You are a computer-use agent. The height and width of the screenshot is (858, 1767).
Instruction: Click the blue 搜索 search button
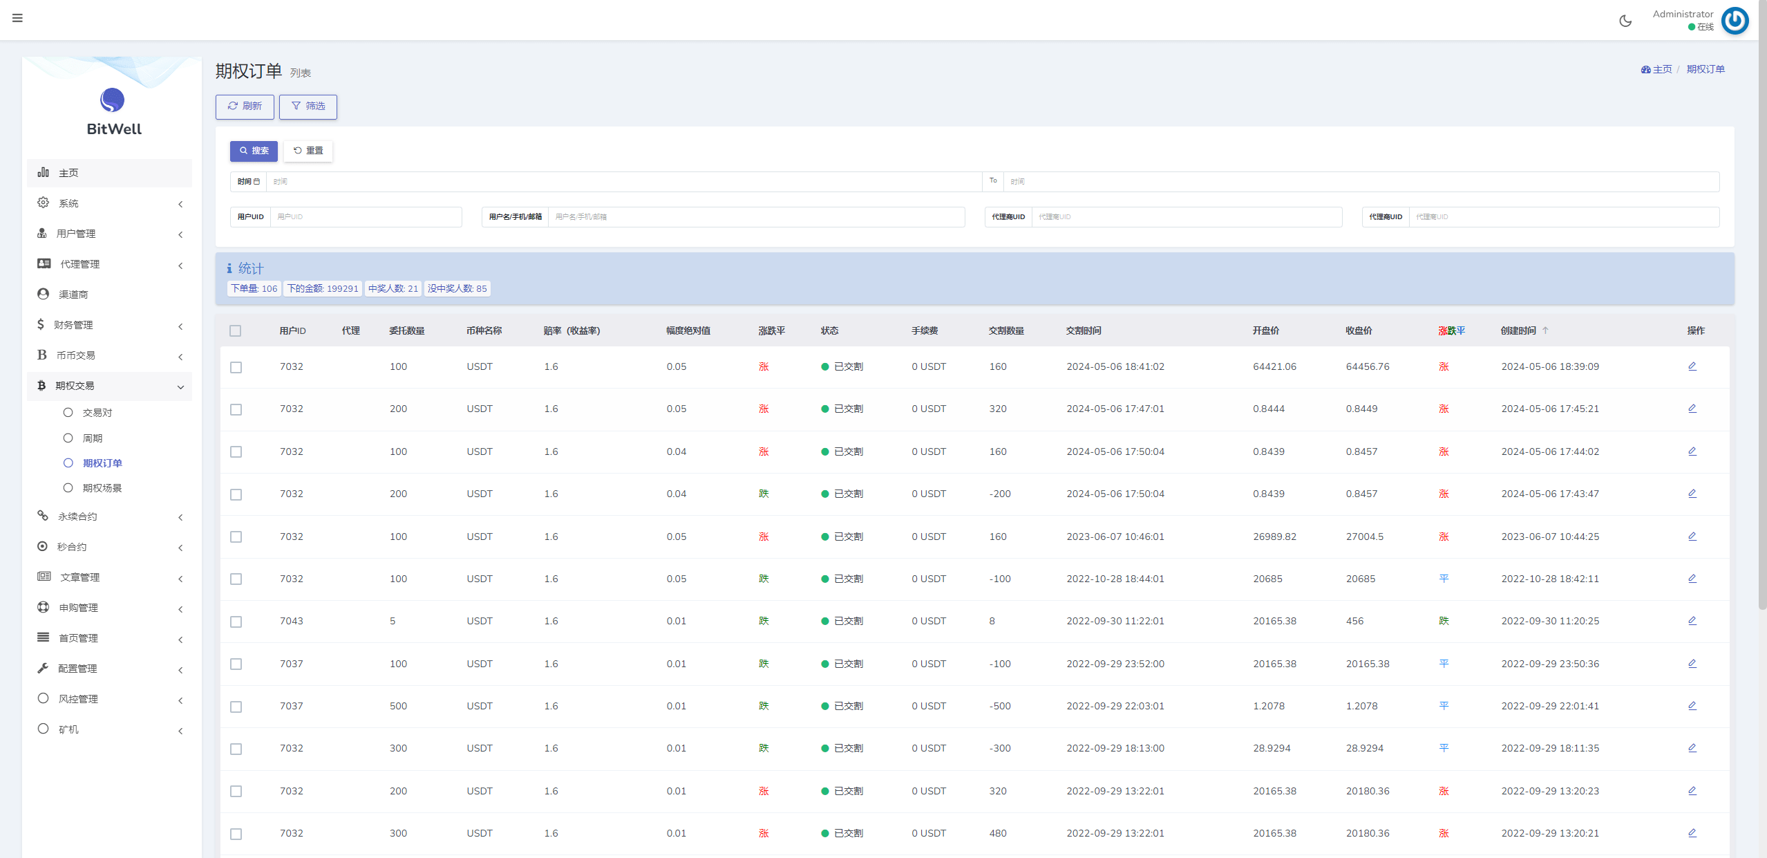pyautogui.click(x=254, y=151)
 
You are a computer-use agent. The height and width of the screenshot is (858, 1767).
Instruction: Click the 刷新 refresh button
pyautogui.click(x=245, y=106)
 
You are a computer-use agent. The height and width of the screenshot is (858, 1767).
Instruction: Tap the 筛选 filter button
pyautogui.click(x=308, y=106)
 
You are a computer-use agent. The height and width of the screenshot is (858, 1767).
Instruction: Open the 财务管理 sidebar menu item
pyautogui.click(x=74, y=325)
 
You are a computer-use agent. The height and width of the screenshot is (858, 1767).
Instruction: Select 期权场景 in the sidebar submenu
pyautogui.click(x=102, y=488)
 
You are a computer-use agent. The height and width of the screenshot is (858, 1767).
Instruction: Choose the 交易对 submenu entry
pyautogui.click(x=97, y=413)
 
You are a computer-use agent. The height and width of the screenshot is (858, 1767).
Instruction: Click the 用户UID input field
pyautogui.click(x=366, y=217)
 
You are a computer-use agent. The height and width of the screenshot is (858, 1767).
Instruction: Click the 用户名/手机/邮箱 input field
pyautogui.click(x=755, y=217)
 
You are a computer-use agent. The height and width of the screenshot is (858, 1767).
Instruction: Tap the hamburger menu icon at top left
pyautogui.click(x=17, y=18)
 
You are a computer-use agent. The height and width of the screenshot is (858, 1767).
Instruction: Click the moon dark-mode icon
pyautogui.click(x=1625, y=21)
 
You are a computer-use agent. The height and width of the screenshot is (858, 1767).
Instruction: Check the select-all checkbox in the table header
pyautogui.click(x=236, y=331)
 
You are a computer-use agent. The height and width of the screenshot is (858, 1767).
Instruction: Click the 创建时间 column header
pyautogui.click(x=1518, y=331)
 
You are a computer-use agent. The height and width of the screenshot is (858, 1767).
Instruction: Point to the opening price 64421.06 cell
pyautogui.click(x=1274, y=367)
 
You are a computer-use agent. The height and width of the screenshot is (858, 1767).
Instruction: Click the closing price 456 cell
pyautogui.click(x=1354, y=622)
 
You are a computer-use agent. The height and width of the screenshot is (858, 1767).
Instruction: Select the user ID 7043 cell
pyautogui.click(x=291, y=622)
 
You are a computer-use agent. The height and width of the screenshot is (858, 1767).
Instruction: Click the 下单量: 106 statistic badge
pyautogui.click(x=254, y=289)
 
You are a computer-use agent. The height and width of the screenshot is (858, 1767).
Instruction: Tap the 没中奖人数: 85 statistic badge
pyautogui.click(x=457, y=289)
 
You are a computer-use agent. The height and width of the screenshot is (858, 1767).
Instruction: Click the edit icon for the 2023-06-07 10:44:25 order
pyautogui.click(x=1692, y=537)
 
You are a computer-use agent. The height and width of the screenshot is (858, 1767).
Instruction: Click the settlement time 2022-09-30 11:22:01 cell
pyautogui.click(x=1115, y=622)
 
